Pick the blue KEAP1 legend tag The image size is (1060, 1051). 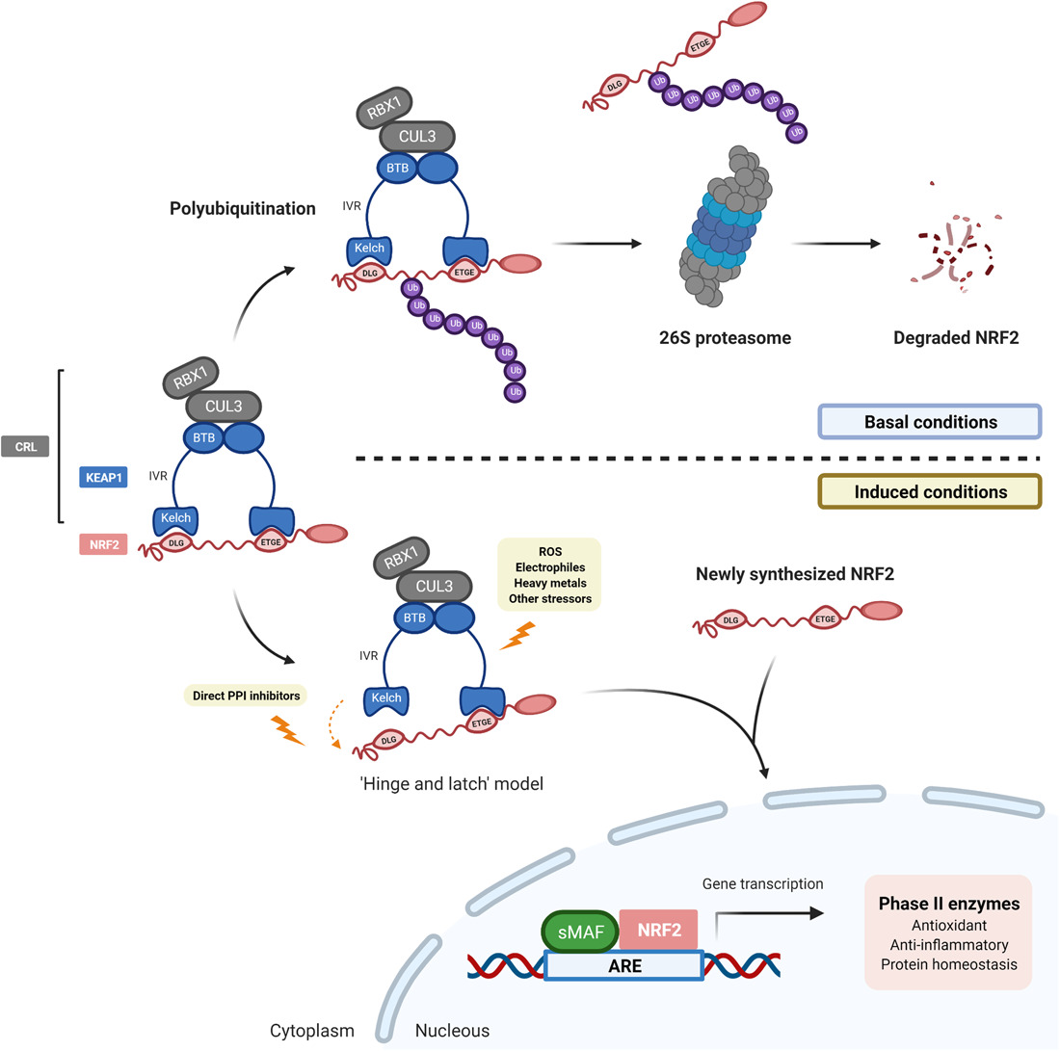coord(103,475)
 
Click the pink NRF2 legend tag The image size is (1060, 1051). coord(103,545)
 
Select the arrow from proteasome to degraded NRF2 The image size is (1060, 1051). coord(835,244)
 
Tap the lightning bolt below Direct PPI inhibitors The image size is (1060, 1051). coord(288,730)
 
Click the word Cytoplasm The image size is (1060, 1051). coord(311,1031)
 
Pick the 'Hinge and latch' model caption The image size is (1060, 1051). coord(450,784)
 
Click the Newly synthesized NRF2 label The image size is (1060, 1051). coord(796,575)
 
